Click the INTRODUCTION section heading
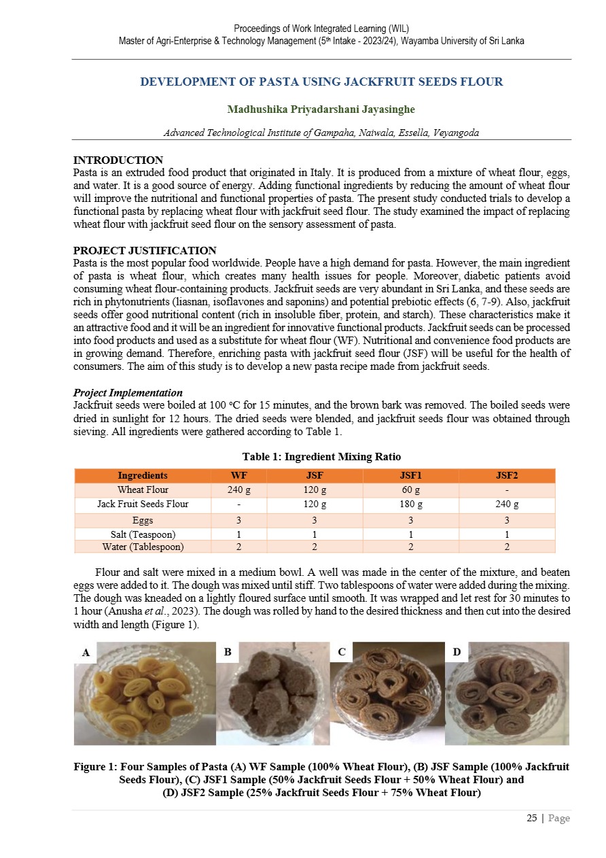pyautogui.click(x=118, y=160)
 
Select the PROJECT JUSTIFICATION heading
pyautogui.click(x=144, y=250)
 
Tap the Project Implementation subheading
pyautogui.click(x=127, y=393)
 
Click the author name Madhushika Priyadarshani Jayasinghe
pyautogui.click(x=321, y=109)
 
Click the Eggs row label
pyautogui.click(x=143, y=520)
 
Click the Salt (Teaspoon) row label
pyautogui.click(x=143, y=534)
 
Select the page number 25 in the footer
pyautogui.click(x=532, y=819)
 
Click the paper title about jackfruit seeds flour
pyautogui.click(x=321, y=82)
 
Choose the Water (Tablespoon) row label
pyautogui.click(x=143, y=547)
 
